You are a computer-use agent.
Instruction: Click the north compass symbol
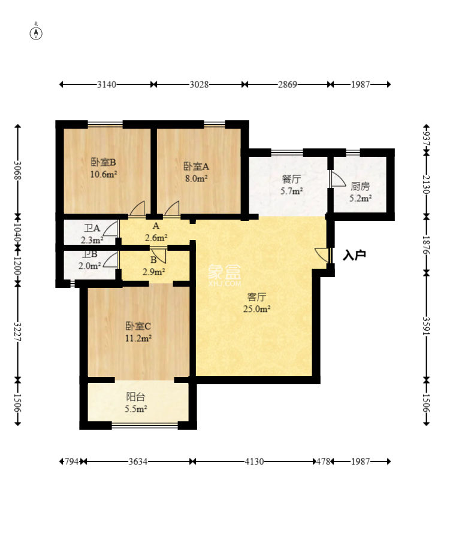36,32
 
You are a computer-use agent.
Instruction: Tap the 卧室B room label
103,162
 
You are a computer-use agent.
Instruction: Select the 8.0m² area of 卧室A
197,178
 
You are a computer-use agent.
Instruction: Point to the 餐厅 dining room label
291,179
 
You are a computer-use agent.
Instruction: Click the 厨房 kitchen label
360,186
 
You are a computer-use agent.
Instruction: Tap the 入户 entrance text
355,255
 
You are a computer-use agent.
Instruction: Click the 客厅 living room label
257,297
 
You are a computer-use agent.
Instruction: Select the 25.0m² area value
257,309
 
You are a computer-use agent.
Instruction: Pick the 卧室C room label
138,326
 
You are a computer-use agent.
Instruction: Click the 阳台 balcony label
135,397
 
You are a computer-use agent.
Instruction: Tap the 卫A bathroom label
92,229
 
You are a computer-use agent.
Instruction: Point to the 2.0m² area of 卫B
89,266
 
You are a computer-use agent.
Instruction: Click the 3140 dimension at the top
107,84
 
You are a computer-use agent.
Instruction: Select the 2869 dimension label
288,84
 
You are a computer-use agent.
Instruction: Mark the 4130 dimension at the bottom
254,461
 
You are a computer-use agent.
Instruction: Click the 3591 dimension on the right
426,326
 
